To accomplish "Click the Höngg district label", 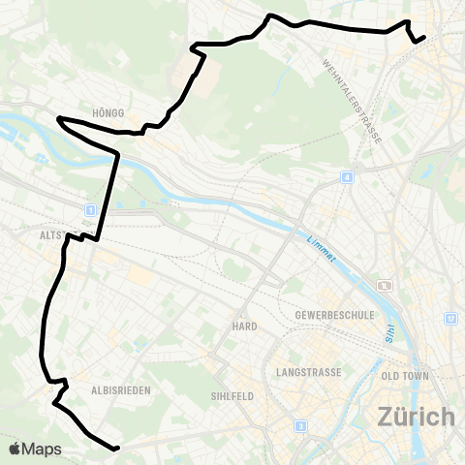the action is (x=109, y=113).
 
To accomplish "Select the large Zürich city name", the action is (x=416, y=417).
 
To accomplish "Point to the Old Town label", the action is (x=405, y=376).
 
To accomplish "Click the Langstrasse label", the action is (x=307, y=371).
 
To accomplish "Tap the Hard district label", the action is (x=244, y=326).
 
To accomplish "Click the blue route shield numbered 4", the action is (x=346, y=177).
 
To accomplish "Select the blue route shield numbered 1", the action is (x=90, y=209).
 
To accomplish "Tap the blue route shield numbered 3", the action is (x=301, y=425).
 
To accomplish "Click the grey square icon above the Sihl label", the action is (x=386, y=286).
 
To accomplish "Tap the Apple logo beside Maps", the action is (x=15, y=449).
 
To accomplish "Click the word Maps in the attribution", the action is (x=43, y=449).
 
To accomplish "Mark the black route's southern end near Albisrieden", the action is (x=116, y=449).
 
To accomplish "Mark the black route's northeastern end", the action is (x=424, y=38).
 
